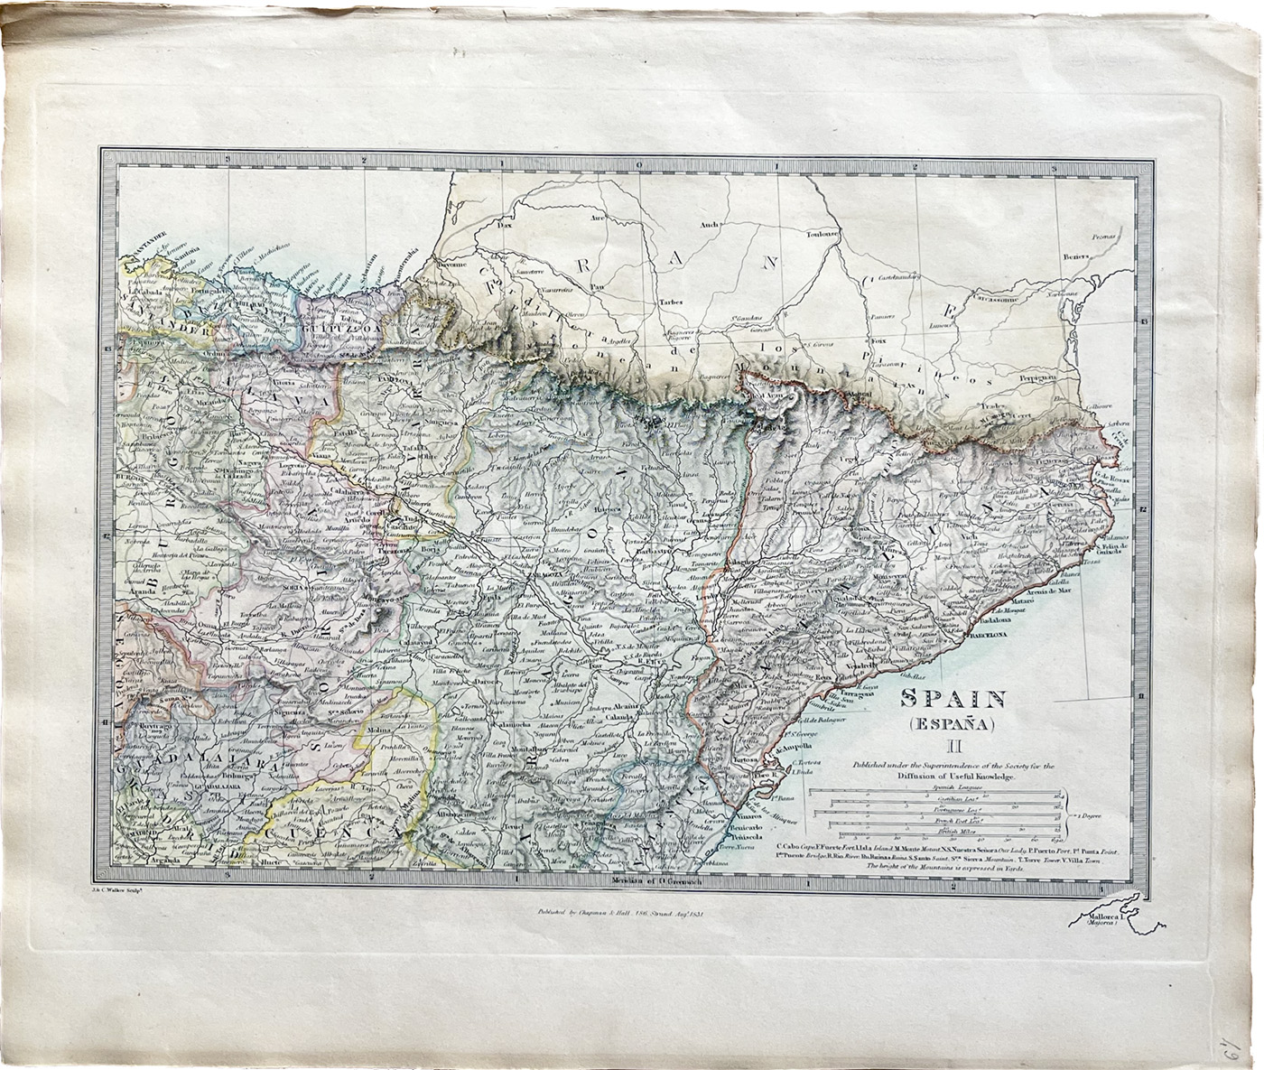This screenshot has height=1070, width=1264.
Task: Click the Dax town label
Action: [505, 226]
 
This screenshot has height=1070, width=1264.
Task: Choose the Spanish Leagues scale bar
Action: [934, 792]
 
